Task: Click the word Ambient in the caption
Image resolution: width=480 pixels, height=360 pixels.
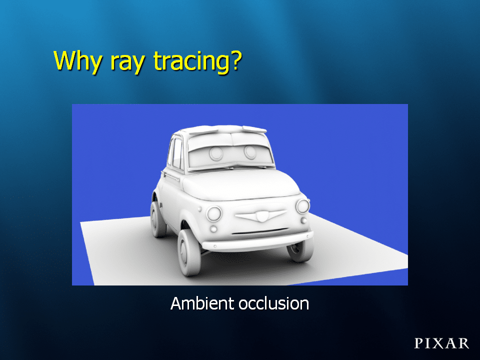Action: [x=202, y=303]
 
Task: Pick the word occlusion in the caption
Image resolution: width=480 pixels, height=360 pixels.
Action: [x=274, y=303]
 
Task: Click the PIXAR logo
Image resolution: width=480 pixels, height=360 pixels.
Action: [x=441, y=343]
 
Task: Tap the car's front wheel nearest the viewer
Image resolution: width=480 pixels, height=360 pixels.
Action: [x=189, y=252]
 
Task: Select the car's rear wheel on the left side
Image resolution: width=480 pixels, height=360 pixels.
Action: [x=158, y=219]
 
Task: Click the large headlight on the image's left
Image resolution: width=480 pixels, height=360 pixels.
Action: [x=214, y=213]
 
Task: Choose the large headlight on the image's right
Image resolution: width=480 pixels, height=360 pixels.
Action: [x=303, y=206]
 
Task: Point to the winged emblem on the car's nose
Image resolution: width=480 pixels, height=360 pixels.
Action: [x=261, y=215]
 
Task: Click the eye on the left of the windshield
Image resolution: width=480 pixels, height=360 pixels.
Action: [x=216, y=153]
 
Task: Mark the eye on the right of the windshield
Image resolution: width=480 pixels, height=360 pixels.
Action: [x=250, y=152]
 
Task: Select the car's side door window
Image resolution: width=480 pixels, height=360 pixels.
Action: [x=177, y=153]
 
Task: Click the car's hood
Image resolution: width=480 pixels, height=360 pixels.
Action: [x=240, y=184]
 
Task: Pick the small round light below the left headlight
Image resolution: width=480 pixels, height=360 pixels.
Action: [x=213, y=228]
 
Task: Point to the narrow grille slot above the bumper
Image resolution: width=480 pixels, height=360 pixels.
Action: [x=260, y=231]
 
